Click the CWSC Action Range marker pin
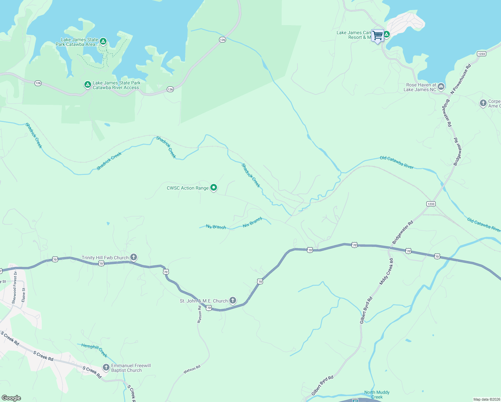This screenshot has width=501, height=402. (214, 188)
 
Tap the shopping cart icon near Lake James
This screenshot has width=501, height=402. (377, 36)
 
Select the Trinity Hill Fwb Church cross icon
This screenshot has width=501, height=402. (133, 257)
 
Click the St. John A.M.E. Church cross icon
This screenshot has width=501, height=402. (233, 300)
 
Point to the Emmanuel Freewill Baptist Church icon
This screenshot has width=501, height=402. (106, 367)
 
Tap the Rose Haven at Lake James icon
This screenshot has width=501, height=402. (441, 87)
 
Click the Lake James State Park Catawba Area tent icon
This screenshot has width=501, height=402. (103, 41)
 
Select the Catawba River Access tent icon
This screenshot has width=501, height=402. (87, 84)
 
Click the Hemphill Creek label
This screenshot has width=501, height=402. (94, 350)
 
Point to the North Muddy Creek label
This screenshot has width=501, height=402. (377, 394)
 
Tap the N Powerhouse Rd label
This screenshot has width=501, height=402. (461, 79)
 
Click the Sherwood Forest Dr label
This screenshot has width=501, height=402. (14, 288)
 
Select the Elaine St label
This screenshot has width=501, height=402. (23, 295)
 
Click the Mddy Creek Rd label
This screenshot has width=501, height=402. (386, 271)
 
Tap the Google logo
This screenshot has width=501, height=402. (11, 398)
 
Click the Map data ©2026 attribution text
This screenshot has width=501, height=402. (486, 399)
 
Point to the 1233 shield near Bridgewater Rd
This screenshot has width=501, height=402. (431, 204)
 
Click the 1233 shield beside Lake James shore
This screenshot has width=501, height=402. (481, 54)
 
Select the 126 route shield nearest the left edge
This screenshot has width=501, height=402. (38, 83)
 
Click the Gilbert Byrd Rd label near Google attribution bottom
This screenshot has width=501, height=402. (323, 385)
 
